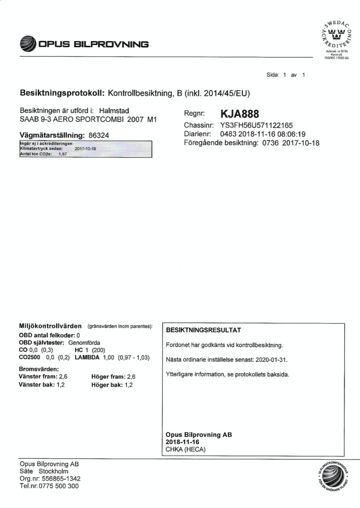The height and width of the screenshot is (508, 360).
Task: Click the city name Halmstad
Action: [114, 110]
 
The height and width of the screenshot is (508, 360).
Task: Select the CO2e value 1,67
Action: [62, 154]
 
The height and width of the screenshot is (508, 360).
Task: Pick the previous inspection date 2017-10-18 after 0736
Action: [300, 143]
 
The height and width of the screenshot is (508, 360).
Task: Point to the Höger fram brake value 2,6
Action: [131, 377]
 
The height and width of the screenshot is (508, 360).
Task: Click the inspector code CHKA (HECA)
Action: [186, 449]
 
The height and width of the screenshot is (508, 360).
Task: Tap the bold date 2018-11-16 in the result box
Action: [183, 442]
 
